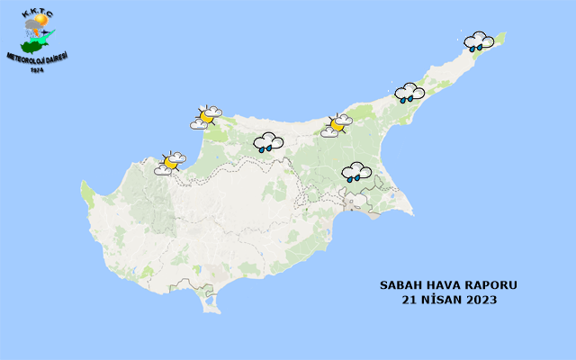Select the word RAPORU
click(x=494, y=285)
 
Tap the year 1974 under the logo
click(x=36, y=70)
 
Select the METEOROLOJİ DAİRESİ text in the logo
click(x=37, y=58)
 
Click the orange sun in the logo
click(x=40, y=20)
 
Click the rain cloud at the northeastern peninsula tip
click(x=479, y=41)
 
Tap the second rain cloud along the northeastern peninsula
click(x=409, y=93)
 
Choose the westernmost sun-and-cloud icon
click(x=169, y=163)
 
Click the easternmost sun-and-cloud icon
click(x=337, y=125)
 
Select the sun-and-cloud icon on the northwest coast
click(x=206, y=117)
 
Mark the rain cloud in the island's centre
click(x=268, y=142)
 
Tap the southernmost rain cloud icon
click(x=356, y=172)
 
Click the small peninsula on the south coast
click(x=211, y=303)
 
